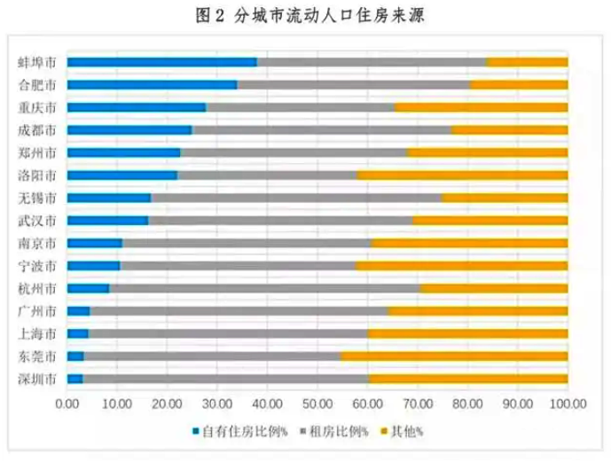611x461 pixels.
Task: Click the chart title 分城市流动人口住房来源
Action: tap(315, 15)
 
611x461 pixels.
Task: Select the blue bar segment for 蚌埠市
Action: tap(161, 62)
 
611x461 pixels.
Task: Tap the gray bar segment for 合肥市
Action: tap(353, 85)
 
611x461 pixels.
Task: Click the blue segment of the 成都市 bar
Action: tap(129, 130)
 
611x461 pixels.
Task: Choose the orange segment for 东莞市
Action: tap(454, 356)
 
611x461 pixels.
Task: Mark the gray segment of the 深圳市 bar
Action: tap(225, 379)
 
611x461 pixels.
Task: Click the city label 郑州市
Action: tap(38, 152)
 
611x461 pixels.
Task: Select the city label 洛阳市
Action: tap(38, 176)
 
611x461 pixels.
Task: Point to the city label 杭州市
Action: tap(38, 288)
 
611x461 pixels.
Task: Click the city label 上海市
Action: tap(38, 333)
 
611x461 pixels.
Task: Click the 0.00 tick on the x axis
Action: tap(67, 403)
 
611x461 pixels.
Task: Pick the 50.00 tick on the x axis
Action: tap(317, 403)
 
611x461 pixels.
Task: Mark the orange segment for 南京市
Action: tap(470, 243)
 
